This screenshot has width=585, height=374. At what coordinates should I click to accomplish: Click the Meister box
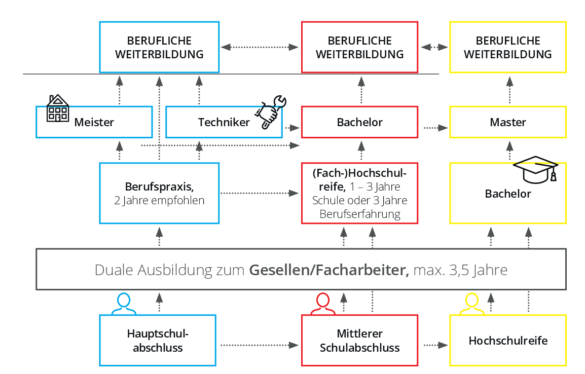point(94,122)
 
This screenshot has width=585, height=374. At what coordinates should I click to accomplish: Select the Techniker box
point(224,122)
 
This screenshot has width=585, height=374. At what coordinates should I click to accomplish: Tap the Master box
point(508,122)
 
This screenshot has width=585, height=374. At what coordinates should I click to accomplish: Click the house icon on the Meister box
point(57,108)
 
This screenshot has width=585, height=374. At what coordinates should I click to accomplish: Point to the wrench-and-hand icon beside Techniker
point(271,112)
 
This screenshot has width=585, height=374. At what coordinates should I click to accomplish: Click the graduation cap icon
point(536,168)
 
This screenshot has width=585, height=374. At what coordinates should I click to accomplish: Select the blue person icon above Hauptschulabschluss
point(123,304)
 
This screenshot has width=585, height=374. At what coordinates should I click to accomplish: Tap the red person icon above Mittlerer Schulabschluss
point(323,304)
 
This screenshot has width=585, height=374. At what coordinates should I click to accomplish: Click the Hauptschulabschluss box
point(158,341)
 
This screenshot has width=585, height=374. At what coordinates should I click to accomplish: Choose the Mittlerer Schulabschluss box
point(360,341)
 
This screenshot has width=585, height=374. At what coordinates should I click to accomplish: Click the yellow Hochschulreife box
point(508,341)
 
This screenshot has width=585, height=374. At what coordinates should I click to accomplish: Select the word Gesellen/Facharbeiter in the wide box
point(329,270)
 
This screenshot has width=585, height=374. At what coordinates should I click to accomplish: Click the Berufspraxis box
point(160,193)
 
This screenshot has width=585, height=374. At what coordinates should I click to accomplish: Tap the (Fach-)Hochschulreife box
point(360,193)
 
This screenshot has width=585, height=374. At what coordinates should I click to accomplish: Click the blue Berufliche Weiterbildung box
point(159,47)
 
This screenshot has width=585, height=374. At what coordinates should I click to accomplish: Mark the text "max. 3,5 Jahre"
point(460,270)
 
